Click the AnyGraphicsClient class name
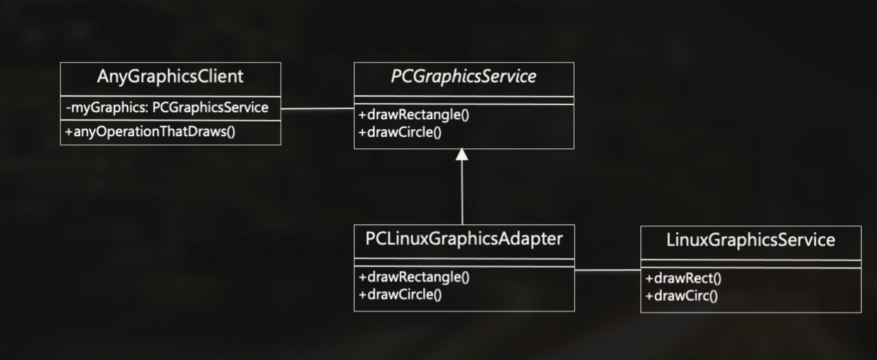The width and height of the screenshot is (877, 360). [170, 76]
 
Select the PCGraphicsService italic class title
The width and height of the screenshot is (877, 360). [463, 76]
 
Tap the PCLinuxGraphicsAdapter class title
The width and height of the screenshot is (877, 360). [464, 238]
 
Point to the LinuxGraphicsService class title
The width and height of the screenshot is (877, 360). [750, 240]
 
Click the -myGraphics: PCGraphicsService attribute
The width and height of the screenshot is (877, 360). [167, 107]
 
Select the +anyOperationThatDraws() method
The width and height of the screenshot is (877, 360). [150, 131]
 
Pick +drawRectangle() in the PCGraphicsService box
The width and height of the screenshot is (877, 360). [414, 114]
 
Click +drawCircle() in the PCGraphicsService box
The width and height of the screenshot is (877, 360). [400, 132]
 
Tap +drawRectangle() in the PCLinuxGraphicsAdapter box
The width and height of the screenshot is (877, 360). [414, 277]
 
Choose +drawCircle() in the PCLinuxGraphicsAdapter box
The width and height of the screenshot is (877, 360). [400, 294]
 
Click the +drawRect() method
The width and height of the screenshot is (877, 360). [683, 278]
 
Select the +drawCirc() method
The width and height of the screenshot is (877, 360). [681, 296]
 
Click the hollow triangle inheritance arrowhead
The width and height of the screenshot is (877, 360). [462, 154]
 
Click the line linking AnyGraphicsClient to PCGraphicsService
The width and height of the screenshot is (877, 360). [317, 108]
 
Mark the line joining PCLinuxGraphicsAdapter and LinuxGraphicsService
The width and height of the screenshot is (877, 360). [607, 270]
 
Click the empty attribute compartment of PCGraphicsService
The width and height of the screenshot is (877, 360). [464, 100]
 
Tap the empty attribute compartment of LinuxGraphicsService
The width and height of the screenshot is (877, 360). [750, 264]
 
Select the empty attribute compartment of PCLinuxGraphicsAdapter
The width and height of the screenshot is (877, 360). [464, 262]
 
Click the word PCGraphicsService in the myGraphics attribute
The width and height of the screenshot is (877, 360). [210, 107]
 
